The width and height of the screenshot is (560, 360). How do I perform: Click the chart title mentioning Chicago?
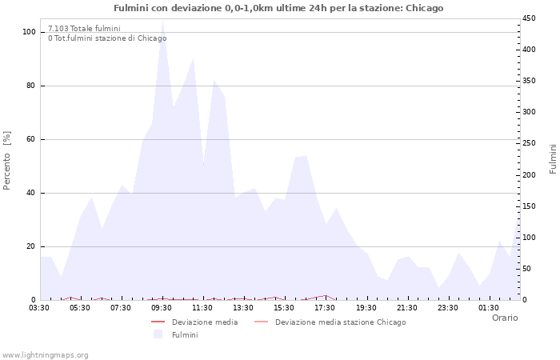278,8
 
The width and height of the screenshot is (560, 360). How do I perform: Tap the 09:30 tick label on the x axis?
162,307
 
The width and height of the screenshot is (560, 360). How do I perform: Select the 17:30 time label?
325,307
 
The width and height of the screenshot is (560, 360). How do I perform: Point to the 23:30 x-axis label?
447,307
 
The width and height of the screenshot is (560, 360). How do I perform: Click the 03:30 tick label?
39,307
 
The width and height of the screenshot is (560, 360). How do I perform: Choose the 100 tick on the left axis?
30,32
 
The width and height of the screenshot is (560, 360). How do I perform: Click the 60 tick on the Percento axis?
31,139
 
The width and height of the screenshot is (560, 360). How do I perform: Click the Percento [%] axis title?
8,161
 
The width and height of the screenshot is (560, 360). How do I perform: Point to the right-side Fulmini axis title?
553,158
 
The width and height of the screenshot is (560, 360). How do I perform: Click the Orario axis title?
504,318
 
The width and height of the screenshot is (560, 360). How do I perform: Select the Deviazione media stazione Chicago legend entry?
340,322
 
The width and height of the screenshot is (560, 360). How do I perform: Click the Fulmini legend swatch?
158,334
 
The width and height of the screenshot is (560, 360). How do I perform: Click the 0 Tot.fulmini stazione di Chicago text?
107,38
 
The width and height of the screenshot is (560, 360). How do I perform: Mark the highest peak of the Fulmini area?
162,22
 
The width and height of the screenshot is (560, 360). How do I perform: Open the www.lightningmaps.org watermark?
46,355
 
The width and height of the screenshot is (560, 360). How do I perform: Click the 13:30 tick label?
243,307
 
